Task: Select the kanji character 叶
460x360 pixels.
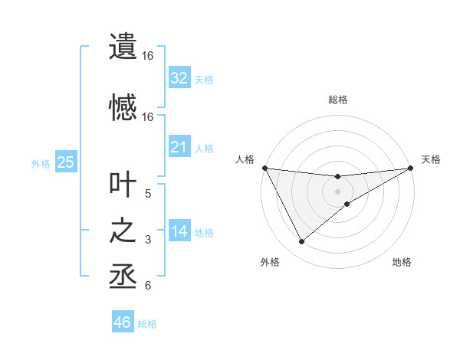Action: (x=123, y=185)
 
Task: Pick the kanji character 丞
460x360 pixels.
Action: (x=123, y=277)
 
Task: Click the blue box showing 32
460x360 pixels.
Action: (x=179, y=78)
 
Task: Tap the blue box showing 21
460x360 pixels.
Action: (x=179, y=147)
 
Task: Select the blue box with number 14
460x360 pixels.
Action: (x=179, y=232)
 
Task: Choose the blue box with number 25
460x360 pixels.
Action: (x=65, y=162)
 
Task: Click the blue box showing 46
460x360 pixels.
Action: (x=122, y=322)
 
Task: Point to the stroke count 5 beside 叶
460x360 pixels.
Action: (x=148, y=194)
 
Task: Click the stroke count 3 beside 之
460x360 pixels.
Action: (x=148, y=240)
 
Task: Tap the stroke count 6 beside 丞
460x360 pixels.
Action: (x=148, y=286)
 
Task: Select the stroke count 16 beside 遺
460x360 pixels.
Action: (x=148, y=56)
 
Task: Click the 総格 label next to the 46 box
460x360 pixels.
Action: (x=147, y=324)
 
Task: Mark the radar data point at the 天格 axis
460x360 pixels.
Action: (x=411, y=168)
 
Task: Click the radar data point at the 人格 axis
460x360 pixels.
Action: (x=264, y=168)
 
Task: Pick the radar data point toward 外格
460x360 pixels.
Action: (x=301, y=242)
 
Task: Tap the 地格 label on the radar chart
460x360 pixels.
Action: (x=402, y=263)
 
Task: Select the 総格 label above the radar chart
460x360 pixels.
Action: (x=338, y=100)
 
